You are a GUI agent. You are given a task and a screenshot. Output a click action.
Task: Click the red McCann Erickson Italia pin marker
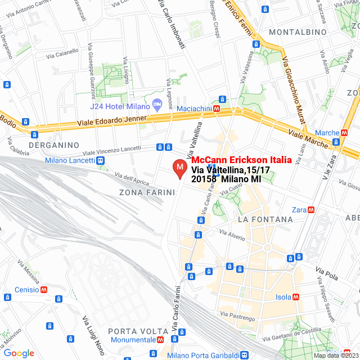click(x=179, y=168)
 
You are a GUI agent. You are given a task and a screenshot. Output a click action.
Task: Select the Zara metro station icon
click(x=311, y=210)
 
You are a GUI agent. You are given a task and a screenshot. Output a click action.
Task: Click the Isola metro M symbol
click(x=296, y=297)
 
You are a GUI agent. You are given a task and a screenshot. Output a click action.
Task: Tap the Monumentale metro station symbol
click(x=161, y=340)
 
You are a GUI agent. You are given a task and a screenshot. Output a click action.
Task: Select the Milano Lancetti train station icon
click(x=100, y=161)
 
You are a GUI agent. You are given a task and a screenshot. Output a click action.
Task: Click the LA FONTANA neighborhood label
click(x=265, y=219)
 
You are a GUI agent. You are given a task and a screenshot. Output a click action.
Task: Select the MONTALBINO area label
click(x=298, y=32)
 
